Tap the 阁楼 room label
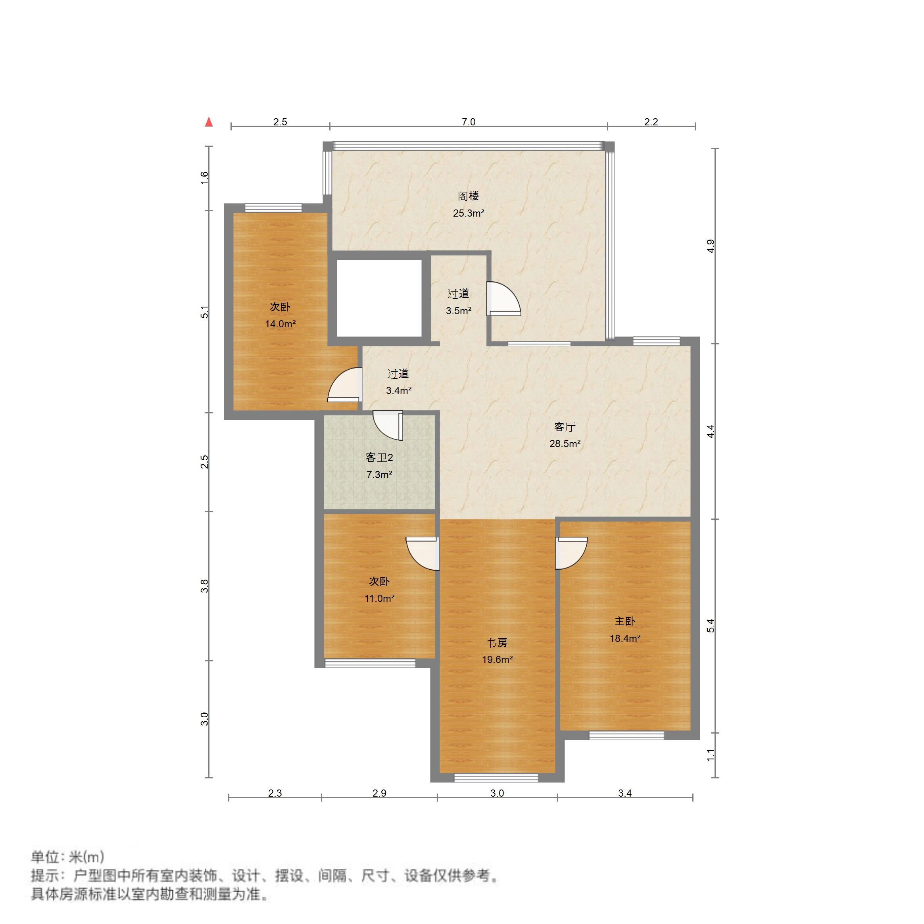pyautogui.click(x=468, y=196)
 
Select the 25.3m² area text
pyautogui.click(x=468, y=213)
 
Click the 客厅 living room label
pyautogui.click(x=565, y=426)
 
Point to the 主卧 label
pyautogui.click(x=624, y=621)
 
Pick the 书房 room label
pyautogui.click(x=497, y=643)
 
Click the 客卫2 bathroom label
pyautogui.click(x=379, y=458)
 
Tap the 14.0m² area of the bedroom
pyautogui.click(x=280, y=324)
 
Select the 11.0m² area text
pyautogui.click(x=379, y=598)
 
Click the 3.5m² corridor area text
pyautogui.click(x=459, y=311)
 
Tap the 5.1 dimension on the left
pyautogui.click(x=205, y=312)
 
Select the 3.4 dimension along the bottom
pyautogui.click(x=624, y=793)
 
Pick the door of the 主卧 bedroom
pyautogui.click(x=570, y=553)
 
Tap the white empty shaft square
pyautogui.click(x=379, y=298)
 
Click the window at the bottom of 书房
pyautogui.click(x=496, y=778)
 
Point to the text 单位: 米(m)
pyautogui.click(x=67, y=857)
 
